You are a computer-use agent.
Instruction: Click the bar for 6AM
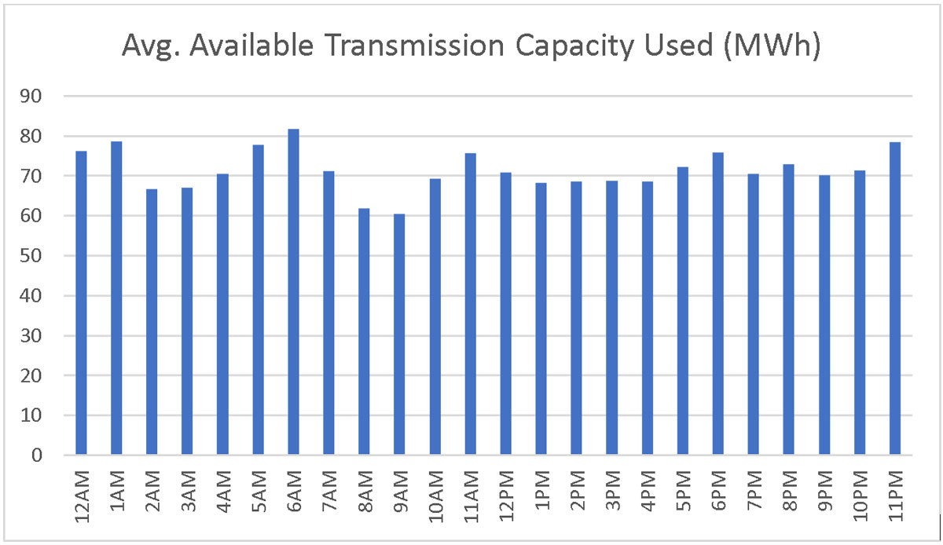(x=293, y=291)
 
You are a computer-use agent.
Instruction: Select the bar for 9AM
(x=400, y=334)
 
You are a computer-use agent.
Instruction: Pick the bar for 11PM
(x=894, y=298)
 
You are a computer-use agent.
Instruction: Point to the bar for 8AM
(x=364, y=331)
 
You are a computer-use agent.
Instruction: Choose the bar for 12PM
(x=505, y=313)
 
